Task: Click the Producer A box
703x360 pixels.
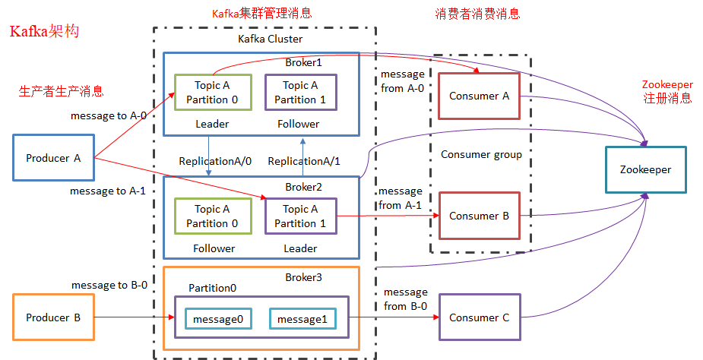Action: (x=53, y=158)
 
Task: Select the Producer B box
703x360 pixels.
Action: (x=53, y=317)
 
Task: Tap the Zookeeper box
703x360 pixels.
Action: (x=644, y=169)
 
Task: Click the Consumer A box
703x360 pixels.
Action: (x=479, y=96)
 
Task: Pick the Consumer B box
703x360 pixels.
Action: (x=479, y=216)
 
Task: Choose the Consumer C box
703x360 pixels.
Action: (x=479, y=317)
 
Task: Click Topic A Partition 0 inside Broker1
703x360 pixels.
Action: (x=212, y=93)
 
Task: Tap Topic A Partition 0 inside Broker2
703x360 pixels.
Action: (x=212, y=216)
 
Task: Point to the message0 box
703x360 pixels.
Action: (x=218, y=319)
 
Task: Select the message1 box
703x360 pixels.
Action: (x=302, y=319)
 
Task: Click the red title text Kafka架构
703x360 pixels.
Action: (x=43, y=32)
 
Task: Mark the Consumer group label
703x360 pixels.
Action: (x=481, y=154)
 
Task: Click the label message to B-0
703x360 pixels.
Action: (x=109, y=285)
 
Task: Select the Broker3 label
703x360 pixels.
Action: (x=303, y=278)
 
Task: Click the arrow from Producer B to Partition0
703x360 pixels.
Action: (x=133, y=317)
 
